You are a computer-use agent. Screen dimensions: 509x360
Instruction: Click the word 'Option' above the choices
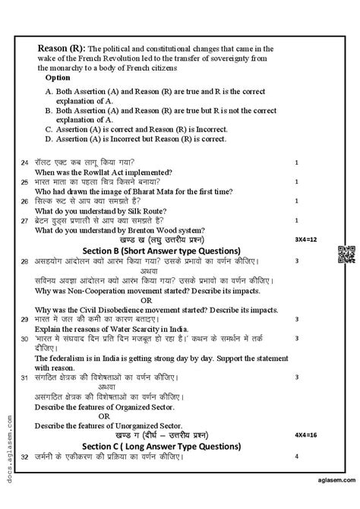point(58,77)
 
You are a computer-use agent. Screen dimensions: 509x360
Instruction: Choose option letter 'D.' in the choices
point(49,139)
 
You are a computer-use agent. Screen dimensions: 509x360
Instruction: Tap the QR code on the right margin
point(345,255)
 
